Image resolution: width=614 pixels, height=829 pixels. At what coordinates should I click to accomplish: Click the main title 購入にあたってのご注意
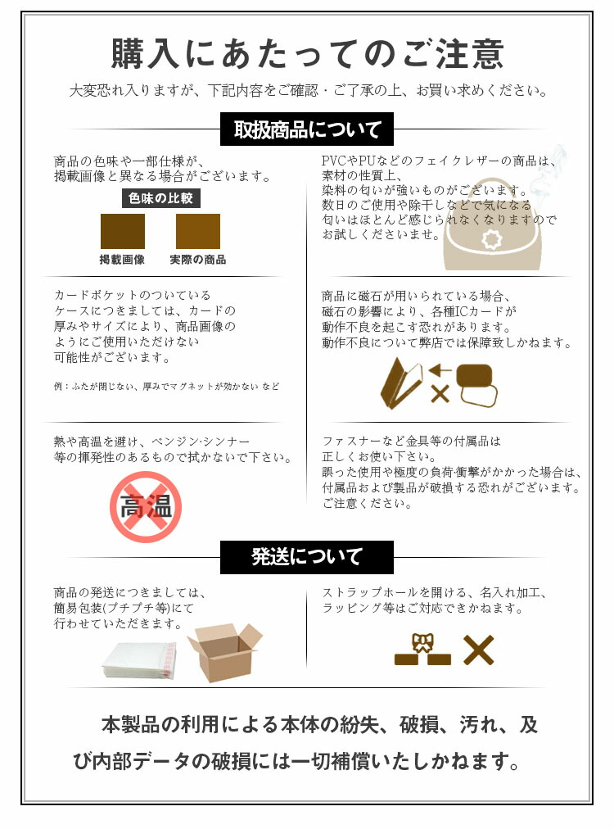[307, 54]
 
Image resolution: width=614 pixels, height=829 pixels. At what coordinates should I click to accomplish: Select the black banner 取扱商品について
[307, 129]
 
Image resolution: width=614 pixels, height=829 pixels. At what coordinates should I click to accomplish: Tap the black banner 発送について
[307, 557]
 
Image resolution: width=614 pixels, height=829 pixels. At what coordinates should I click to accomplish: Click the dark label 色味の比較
[160, 198]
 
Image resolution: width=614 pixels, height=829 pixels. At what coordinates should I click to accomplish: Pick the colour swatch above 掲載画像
[123, 231]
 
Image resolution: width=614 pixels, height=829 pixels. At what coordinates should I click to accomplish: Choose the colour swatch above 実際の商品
[197, 231]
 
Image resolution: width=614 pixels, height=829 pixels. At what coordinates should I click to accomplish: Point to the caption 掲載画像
[122, 260]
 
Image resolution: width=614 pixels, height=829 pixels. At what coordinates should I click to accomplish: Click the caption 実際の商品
[197, 260]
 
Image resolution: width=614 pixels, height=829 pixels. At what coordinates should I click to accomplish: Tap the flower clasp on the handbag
[491, 240]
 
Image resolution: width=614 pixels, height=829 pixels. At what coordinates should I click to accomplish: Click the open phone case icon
[401, 383]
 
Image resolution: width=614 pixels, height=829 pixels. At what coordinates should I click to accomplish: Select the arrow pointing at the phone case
[440, 370]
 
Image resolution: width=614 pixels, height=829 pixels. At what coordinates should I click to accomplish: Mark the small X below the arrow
[440, 393]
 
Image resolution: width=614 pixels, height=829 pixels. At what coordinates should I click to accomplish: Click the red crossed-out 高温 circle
[146, 507]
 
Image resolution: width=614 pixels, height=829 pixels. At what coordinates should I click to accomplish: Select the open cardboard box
[224, 653]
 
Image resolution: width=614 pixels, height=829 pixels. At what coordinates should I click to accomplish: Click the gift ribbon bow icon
[422, 643]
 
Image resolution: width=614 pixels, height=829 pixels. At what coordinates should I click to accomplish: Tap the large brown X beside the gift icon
[479, 650]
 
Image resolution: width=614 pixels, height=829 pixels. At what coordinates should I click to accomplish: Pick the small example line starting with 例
[166, 387]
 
